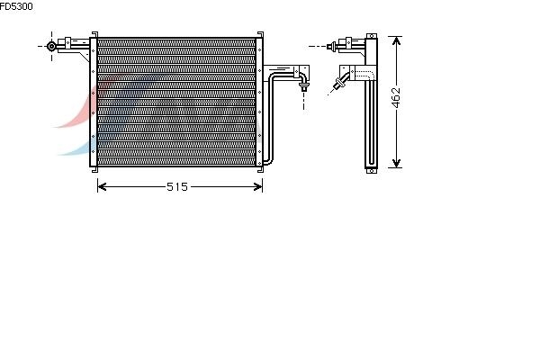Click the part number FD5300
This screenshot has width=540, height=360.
pos(16,6)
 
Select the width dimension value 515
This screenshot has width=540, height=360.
pos(177,186)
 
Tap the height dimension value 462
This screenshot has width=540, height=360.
pos(396,97)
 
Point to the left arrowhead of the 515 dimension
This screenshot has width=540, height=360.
pos(102,186)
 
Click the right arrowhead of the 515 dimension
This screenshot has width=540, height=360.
pos(258,186)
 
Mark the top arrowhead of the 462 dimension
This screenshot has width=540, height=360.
pos(396,41)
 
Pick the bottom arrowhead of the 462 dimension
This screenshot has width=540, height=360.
pos(396,163)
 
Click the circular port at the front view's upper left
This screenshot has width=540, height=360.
pos(51,46)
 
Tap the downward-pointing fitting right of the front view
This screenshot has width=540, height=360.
pos(303,85)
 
